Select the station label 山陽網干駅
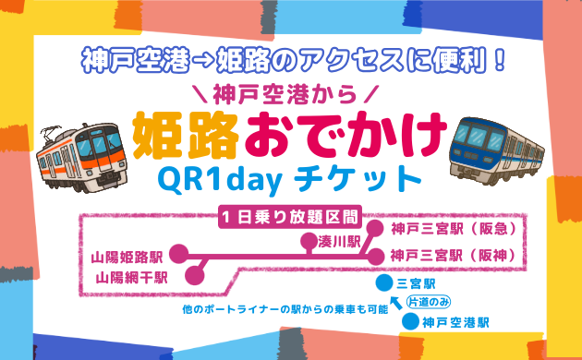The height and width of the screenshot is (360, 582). click(x=130, y=275)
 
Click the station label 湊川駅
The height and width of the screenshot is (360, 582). click(x=338, y=241)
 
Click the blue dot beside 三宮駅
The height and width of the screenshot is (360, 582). click(x=383, y=282)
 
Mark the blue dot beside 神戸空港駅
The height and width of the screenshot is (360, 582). click(x=410, y=323)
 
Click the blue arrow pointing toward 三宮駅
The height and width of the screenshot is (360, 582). click(x=396, y=303)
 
